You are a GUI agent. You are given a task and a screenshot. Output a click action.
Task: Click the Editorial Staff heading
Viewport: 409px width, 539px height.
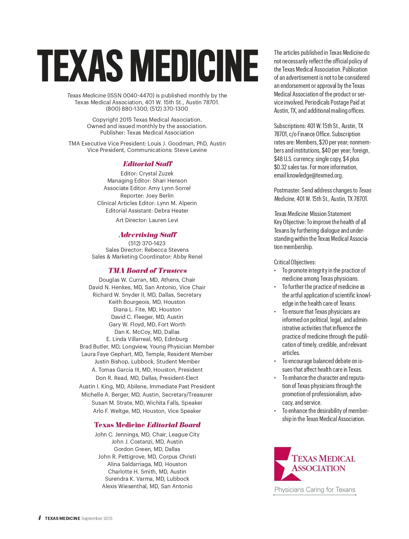[148, 164]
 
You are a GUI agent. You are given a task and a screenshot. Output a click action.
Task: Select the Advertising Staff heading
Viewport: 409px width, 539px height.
[148, 235]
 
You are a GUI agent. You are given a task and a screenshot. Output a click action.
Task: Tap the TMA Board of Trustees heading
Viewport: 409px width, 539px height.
[148, 271]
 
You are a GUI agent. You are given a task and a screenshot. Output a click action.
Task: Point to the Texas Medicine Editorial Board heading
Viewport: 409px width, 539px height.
[147, 425]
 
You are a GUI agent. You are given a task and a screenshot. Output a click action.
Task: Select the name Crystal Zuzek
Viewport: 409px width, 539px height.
[156, 173]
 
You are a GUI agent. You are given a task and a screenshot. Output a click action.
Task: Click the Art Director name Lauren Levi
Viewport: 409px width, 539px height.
[163, 220]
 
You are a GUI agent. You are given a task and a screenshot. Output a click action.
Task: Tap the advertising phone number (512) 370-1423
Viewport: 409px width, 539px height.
[147, 243]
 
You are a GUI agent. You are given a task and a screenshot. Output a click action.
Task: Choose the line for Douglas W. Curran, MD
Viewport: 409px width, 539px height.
[147, 280]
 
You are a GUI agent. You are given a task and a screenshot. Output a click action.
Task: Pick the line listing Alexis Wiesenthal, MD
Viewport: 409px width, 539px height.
[147, 486]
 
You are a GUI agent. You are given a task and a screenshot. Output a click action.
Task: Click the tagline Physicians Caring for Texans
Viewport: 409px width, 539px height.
[315, 490]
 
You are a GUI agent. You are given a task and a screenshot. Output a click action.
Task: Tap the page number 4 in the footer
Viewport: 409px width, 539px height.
[40, 518]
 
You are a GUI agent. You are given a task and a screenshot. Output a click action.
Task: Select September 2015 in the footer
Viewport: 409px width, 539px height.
[97, 519]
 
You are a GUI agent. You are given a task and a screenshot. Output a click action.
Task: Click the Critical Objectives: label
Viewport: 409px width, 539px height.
[295, 262]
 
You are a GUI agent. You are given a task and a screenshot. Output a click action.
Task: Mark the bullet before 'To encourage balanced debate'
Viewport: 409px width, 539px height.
[275, 361]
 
